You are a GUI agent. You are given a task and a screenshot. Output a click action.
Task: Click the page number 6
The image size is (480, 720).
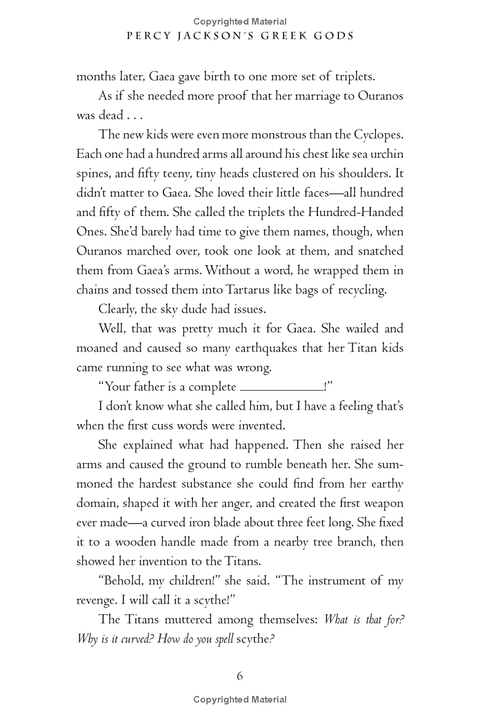(240, 676)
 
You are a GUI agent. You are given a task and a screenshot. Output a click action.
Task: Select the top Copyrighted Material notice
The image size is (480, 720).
(240, 22)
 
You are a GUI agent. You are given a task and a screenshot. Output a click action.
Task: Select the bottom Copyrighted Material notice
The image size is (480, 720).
(240, 700)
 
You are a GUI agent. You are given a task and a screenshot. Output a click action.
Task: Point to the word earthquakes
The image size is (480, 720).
(253, 349)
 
